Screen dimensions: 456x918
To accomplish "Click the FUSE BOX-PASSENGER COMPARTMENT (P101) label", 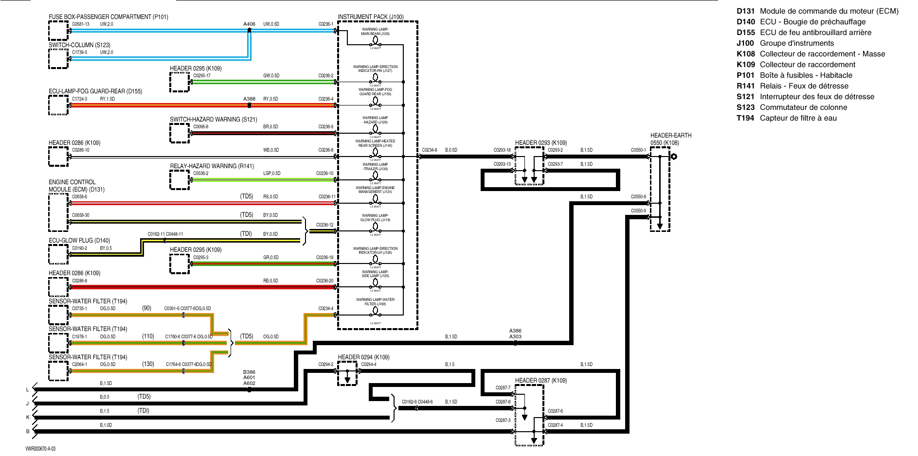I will [x=108, y=17].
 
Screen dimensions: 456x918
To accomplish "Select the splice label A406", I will [x=249, y=24].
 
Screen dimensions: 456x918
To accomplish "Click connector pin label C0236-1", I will [x=325, y=24].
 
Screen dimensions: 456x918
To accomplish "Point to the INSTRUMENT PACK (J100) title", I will [x=371, y=17].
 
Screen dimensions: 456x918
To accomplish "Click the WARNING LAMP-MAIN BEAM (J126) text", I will [x=375, y=32].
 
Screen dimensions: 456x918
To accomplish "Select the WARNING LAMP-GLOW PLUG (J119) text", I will [x=375, y=218].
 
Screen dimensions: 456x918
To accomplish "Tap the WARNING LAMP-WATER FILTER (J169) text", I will [x=375, y=302].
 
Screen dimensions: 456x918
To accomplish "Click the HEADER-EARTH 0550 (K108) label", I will [x=670, y=139].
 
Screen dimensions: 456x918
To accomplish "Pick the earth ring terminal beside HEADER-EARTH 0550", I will [x=674, y=157].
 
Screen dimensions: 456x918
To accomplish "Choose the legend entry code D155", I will [x=745, y=33].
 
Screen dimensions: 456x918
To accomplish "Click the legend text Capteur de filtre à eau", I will [x=798, y=118].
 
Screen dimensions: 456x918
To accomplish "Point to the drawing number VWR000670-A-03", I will [x=40, y=449].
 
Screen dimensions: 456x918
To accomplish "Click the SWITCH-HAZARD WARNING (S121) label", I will [x=213, y=120].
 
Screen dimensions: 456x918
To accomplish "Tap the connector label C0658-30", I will [x=81, y=215].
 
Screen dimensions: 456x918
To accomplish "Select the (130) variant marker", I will [x=148, y=364].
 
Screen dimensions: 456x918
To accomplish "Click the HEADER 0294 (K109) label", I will [x=363, y=357].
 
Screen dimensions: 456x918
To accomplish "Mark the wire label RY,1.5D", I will [x=108, y=99].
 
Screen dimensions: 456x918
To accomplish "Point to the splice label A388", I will [x=249, y=99].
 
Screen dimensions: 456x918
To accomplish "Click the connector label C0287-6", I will [x=555, y=411].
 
